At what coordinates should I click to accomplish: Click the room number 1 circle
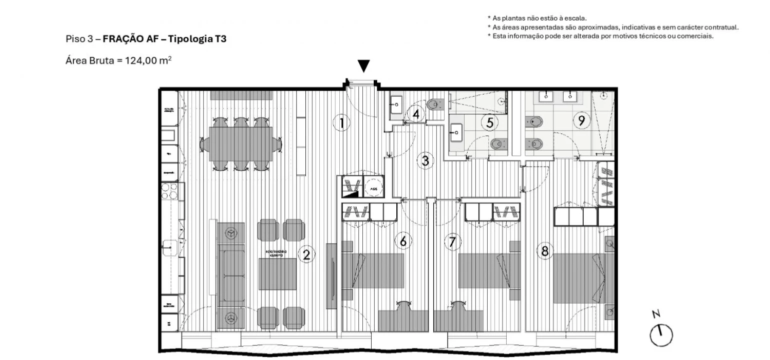pos(341,122)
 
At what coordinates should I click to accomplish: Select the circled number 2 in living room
pos(306,254)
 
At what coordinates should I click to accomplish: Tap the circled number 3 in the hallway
pos(425,160)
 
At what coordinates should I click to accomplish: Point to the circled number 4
pos(416,114)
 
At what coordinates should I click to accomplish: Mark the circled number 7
pos(452,242)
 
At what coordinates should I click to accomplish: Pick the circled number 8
pos(545,251)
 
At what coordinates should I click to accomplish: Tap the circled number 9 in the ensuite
pos(581,120)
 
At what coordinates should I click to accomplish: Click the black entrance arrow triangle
pos(364,66)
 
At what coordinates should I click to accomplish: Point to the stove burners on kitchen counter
pos(169,191)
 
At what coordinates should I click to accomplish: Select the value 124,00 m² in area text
pos(145,61)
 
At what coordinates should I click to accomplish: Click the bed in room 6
pos(373,270)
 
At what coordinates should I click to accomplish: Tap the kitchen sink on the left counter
pos(171,246)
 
